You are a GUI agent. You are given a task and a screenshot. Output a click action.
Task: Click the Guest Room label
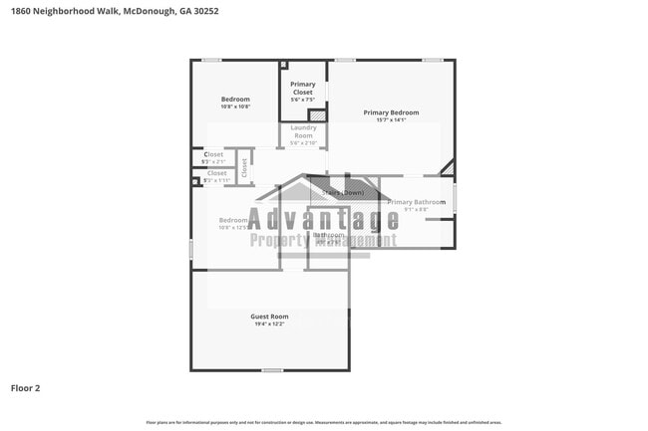(x=271, y=317)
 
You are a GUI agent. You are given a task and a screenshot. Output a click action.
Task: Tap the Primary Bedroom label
(x=391, y=112)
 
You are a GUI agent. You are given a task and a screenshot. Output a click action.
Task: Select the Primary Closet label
(x=303, y=89)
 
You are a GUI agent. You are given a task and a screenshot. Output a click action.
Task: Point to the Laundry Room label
(x=303, y=131)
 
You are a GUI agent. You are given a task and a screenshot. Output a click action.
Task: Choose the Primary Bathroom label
(x=416, y=202)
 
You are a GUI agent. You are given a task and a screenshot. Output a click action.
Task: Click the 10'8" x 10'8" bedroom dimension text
(x=235, y=107)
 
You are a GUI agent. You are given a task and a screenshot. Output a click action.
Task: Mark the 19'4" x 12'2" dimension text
(x=271, y=324)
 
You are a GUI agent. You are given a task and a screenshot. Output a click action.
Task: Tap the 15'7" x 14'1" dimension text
(x=391, y=120)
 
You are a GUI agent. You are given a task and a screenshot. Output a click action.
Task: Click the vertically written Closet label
(x=244, y=167)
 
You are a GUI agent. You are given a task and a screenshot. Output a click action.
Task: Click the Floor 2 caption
(x=25, y=388)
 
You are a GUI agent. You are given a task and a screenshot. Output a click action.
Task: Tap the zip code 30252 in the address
(x=206, y=11)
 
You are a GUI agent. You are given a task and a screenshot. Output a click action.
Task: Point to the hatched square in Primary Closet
(x=317, y=115)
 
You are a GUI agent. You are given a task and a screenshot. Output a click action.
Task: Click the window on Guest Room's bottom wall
(x=271, y=370)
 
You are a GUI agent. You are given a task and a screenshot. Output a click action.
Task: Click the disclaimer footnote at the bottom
(x=324, y=422)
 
